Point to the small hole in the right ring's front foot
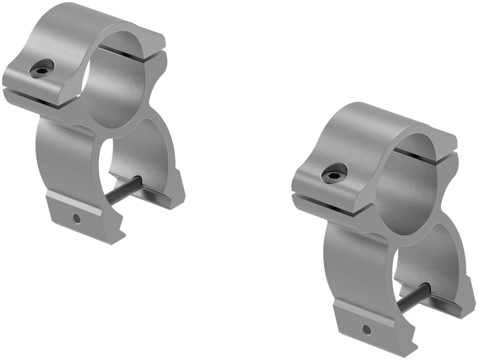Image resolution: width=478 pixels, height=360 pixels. [366, 329]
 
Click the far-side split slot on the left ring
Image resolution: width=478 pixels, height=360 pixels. [133, 53]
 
